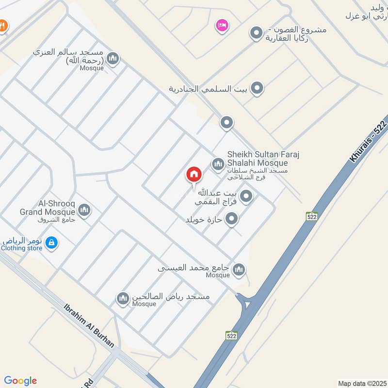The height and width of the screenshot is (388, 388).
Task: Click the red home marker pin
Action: coord(194,174)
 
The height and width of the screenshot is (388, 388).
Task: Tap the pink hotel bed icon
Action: coord(222,25)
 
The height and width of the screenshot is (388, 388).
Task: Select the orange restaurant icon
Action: coord(2,25)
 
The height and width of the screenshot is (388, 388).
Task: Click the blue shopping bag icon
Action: coord(52,242)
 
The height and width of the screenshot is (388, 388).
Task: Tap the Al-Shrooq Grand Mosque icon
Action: coord(84,210)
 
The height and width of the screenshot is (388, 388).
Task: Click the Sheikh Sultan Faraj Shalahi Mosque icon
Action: coord(217,164)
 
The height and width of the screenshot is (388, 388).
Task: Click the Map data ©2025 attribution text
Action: coord(362,384)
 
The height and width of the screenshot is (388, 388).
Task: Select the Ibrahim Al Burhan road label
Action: coord(89,325)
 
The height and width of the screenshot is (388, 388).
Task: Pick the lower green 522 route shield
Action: coord(231,335)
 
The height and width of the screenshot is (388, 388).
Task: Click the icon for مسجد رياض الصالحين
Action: coord(123,298)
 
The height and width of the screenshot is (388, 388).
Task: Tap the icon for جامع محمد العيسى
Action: coord(239,270)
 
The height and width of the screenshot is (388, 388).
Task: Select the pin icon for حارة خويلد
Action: coord(231,219)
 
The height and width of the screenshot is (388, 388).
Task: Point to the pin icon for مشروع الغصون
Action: coord(256,33)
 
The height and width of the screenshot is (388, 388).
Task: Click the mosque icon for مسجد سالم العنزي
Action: coord(113,59)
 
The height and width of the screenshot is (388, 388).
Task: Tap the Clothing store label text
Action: coord(22,248)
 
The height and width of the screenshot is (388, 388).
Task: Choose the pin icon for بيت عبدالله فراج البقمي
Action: coord(246,196)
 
